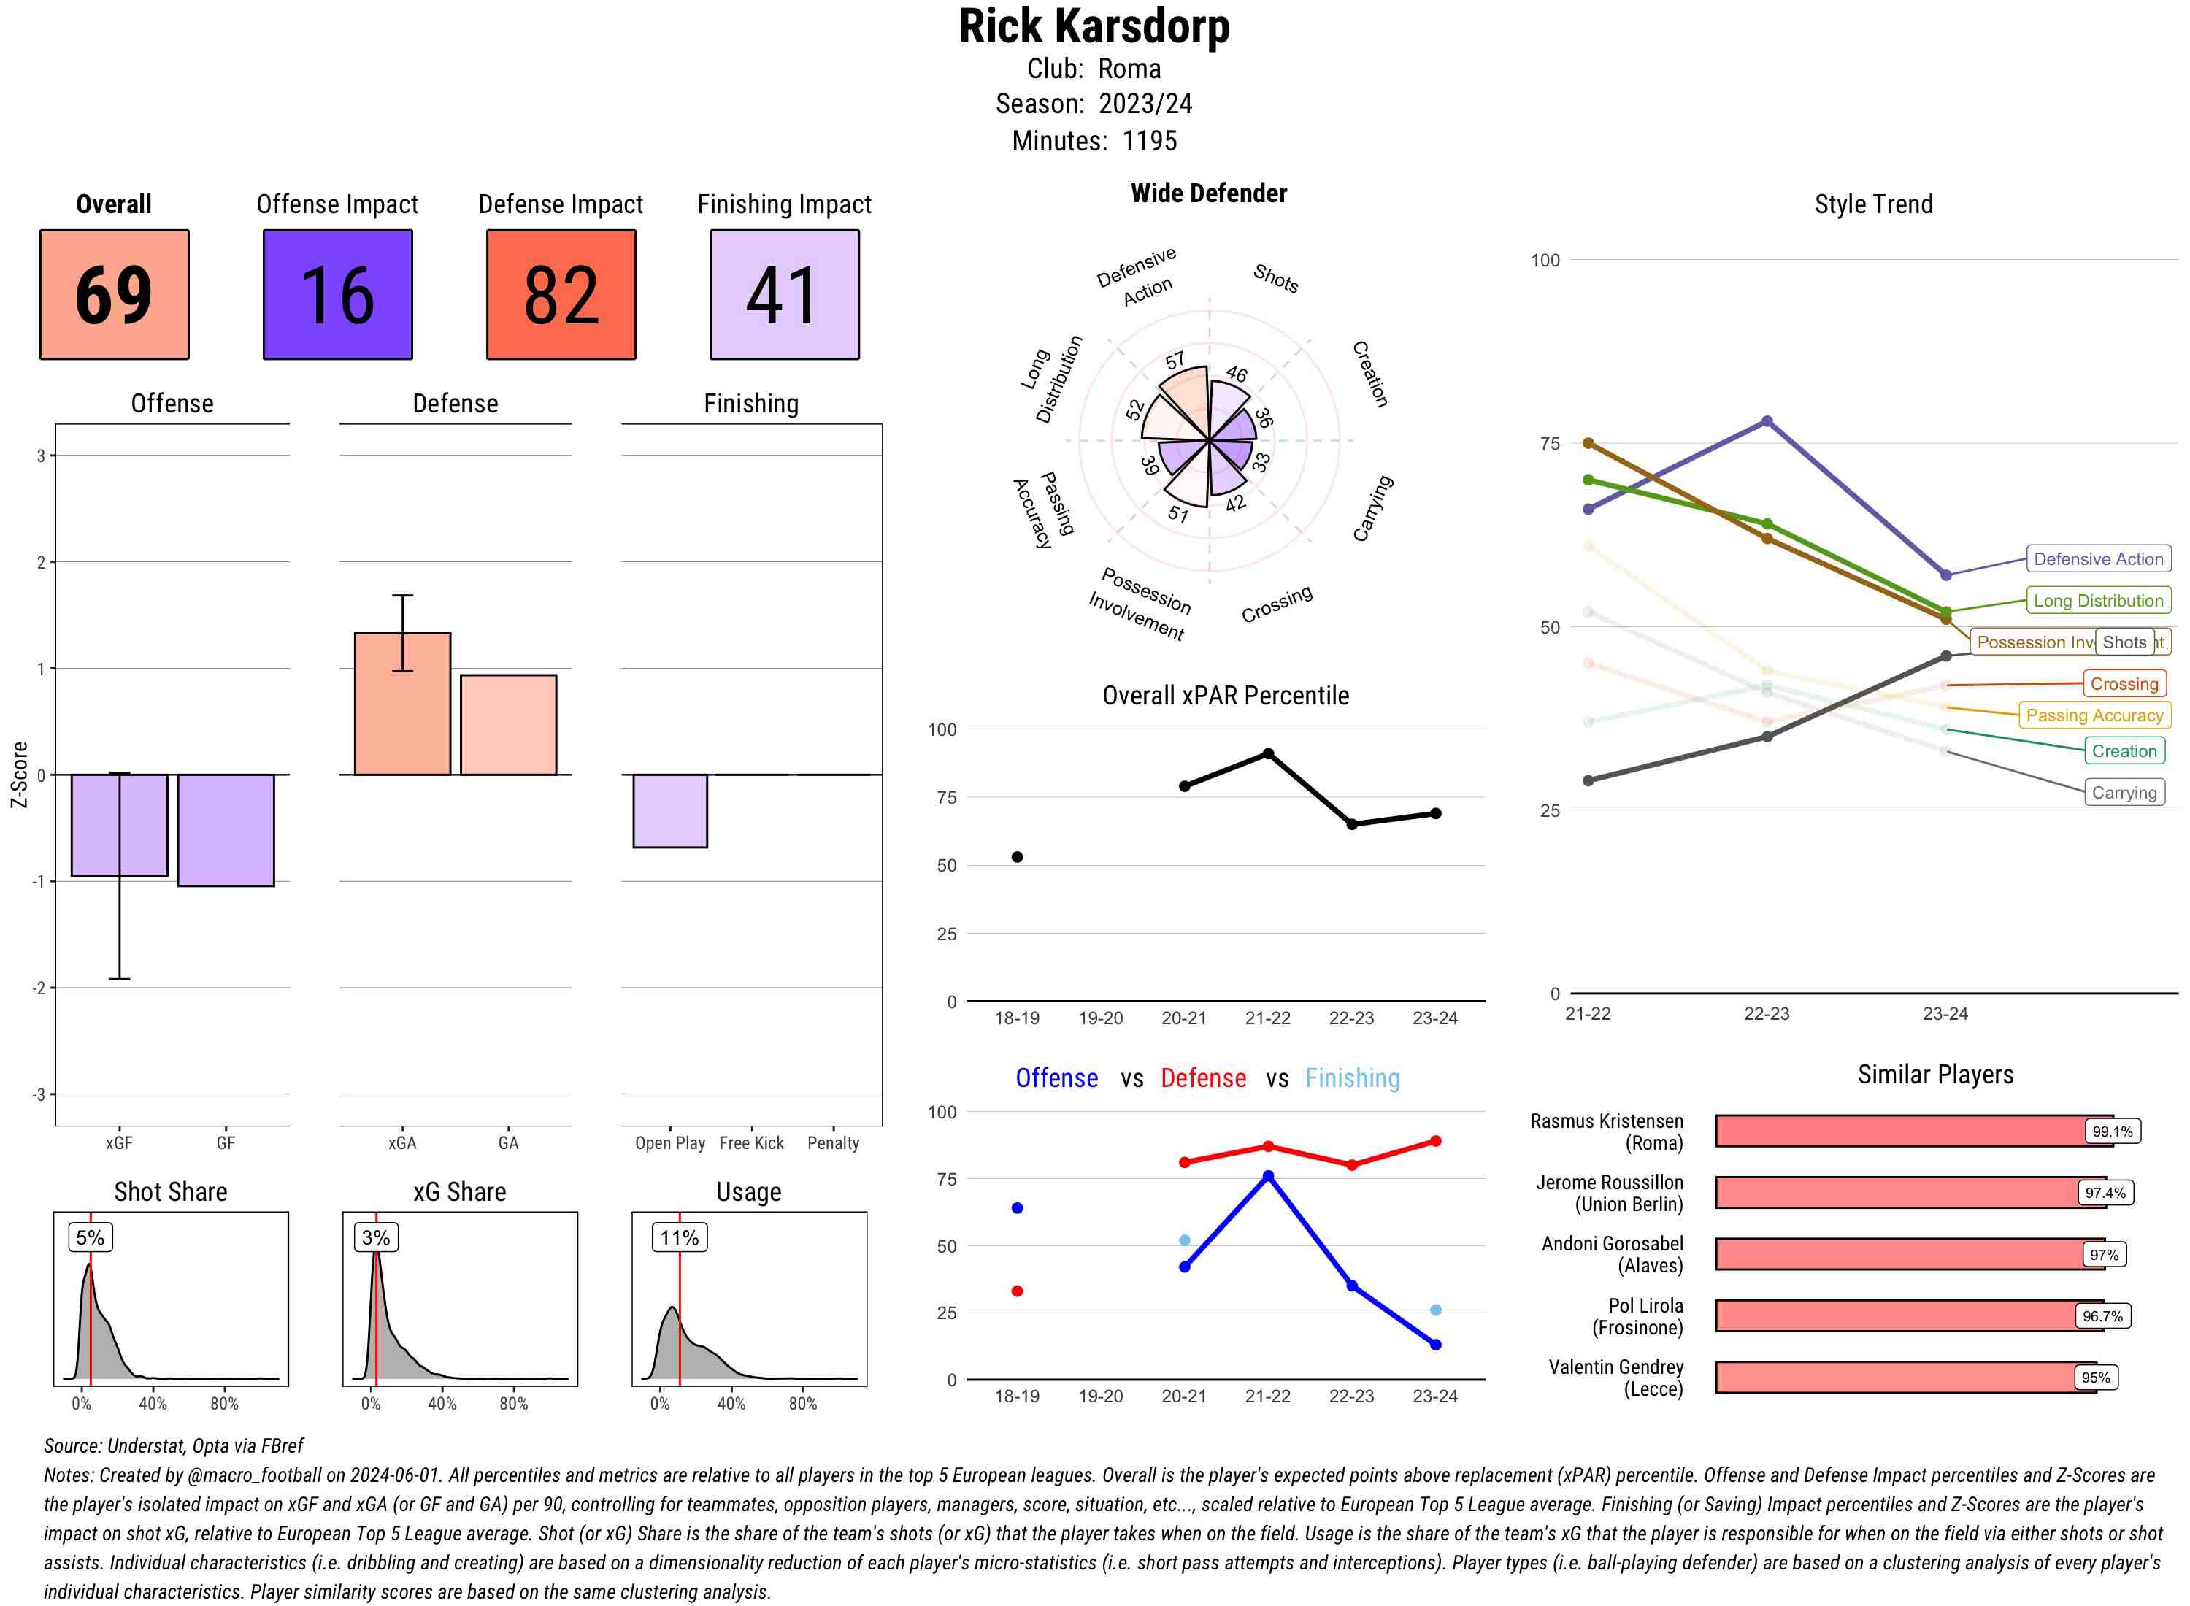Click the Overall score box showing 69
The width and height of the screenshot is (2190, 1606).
(114, 295)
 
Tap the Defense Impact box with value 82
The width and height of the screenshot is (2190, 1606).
(561, 295)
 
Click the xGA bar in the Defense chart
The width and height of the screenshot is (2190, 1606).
(402, 704)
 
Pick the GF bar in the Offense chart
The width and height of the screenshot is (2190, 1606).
(226, 829)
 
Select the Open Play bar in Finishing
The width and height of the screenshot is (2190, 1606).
(669, 811)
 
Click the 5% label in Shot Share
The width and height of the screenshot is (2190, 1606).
(90, 1237)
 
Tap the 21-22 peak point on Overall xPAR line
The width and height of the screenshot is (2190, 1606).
(1267, 753)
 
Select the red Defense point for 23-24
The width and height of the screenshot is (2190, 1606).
(1434, 1140)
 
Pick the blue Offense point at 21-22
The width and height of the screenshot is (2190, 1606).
(1267, 1175)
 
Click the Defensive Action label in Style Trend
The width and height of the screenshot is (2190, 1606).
(2098, 559)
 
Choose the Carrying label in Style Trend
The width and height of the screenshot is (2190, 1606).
(2123, 792)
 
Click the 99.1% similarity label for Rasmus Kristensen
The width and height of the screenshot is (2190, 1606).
(2111, 1131)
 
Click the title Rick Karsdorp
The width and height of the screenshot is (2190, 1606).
(1094, 27)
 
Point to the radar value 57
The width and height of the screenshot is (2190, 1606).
(1175, 361)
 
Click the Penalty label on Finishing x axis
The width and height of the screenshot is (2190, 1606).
(833, 1143)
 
